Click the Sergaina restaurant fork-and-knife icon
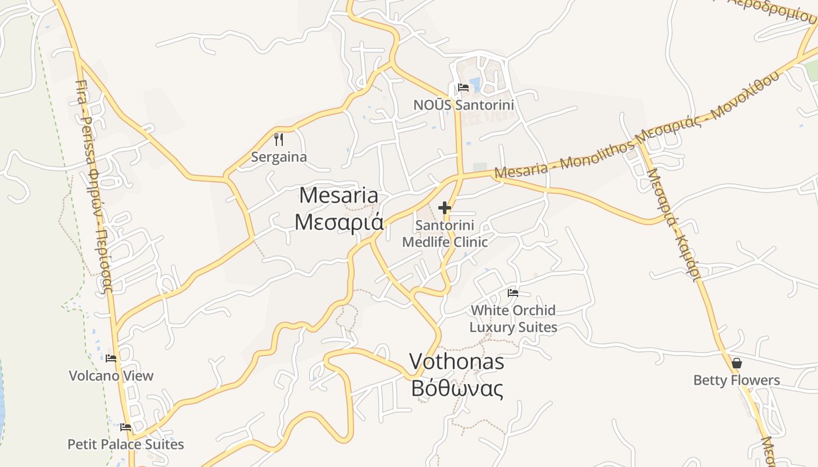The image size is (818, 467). tap(279, 140)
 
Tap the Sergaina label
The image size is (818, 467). tap(279, 157)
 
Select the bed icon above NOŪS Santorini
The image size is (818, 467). tap(463, 88)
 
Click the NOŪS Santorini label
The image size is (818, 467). tap(464, 105)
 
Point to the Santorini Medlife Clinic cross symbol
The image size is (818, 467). tap(445, 207)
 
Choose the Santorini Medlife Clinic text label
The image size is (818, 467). tap(445, 233)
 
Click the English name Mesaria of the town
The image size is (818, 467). tap(338, 196)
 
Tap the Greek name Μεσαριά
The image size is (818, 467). tap(338, 222)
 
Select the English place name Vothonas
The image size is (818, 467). tap(456, 362)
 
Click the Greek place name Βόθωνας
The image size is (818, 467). tap(456, 388)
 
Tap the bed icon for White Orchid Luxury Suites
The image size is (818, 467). tap(513, 292)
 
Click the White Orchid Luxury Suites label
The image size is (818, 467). tap(513, 319)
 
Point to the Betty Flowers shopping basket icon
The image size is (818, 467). tap(737, 363)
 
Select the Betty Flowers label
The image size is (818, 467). tap(736, 381)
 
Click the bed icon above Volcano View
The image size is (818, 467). tap(111, 358)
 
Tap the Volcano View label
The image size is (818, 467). tap(111, 376)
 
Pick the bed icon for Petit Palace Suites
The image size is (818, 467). tap(126, 427)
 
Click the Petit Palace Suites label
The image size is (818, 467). tap(126, 445)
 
